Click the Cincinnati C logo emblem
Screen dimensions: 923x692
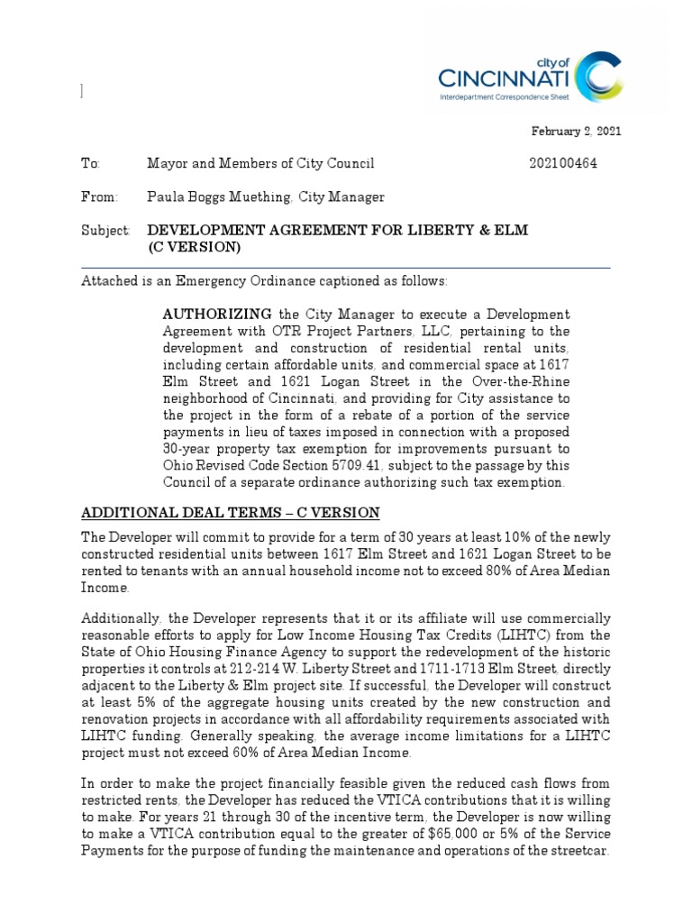click(598, 76)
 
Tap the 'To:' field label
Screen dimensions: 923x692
click(90, 163)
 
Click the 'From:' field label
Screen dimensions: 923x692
click(98, 196)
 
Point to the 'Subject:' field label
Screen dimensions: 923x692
click(105, 231)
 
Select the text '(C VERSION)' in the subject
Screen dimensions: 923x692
click(194, 247)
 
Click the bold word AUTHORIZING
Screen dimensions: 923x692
click(217, 314)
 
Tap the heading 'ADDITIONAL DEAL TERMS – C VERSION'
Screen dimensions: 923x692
click(230, 513)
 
